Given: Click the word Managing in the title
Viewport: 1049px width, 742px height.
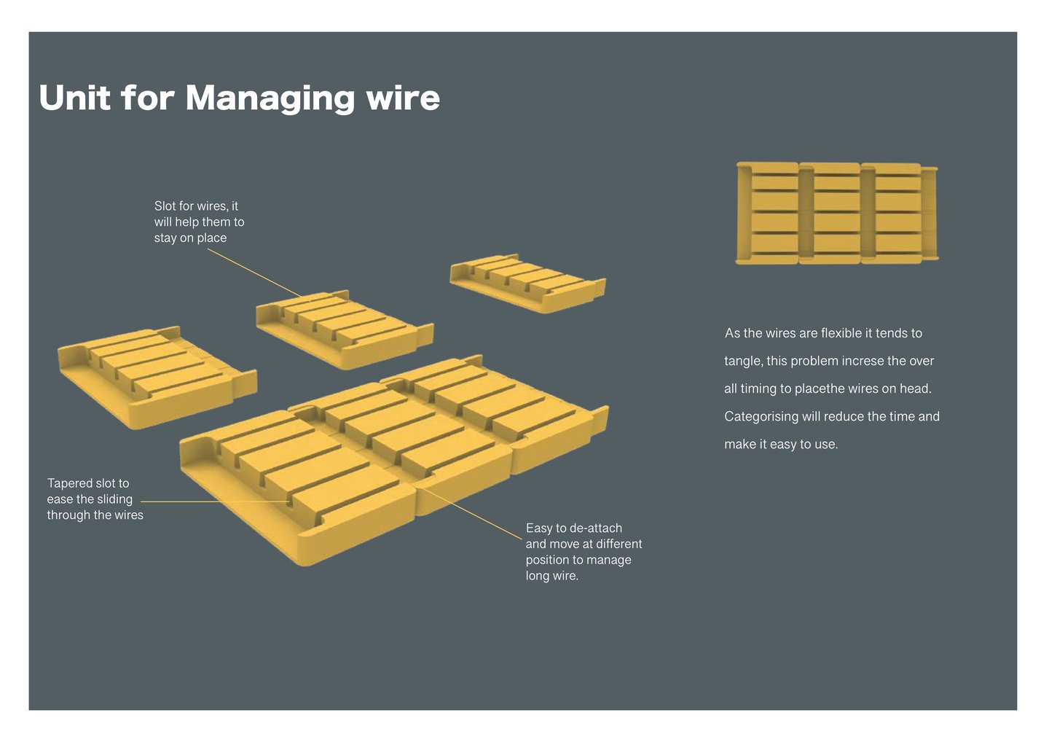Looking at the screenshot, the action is point(270,99).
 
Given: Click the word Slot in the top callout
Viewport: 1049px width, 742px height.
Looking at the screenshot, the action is point(164,206).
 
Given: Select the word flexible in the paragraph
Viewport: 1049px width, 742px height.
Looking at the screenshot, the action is point(841,333).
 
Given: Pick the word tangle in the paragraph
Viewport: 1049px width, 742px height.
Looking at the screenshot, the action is point(743,362).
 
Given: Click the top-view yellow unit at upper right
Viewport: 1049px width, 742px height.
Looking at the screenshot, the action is point(837,213).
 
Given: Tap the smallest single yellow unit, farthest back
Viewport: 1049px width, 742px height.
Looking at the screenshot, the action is point(527,283).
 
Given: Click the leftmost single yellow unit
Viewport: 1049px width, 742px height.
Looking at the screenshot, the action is point(157,378).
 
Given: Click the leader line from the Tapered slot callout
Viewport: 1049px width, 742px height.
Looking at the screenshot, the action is point(215,501).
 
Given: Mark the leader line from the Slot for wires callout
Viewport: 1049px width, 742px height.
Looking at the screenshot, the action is point(254,272).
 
